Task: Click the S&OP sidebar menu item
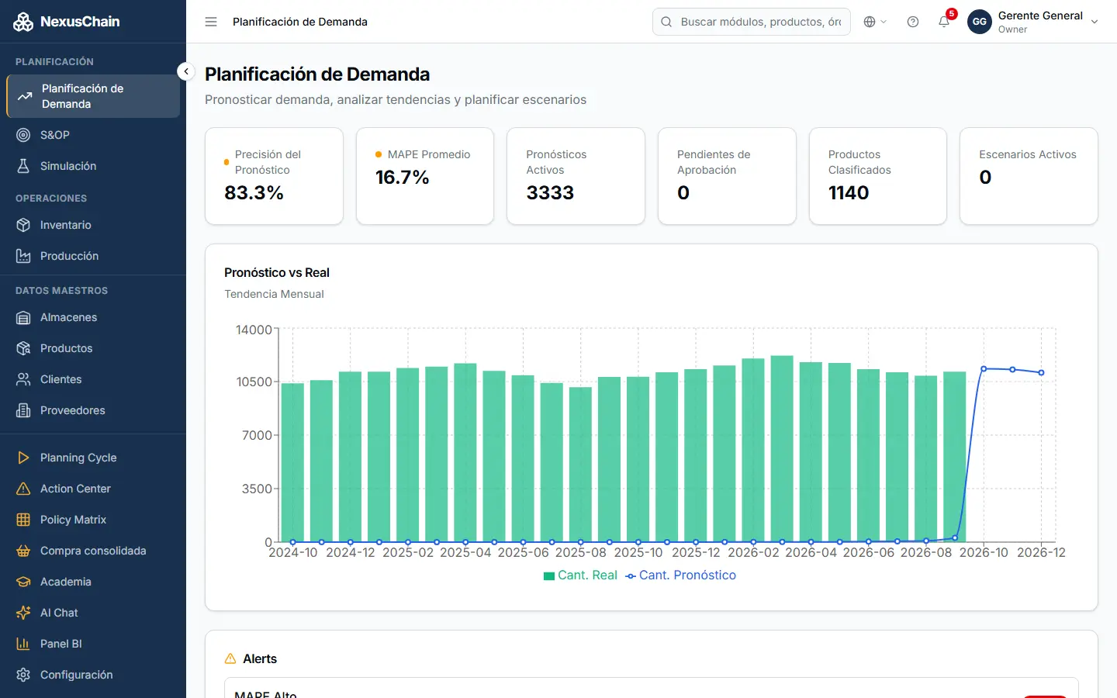(x=55, y=135)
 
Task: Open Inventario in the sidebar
(x=65, y=225)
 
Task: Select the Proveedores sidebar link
(x=72, y=410)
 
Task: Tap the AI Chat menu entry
(x=59, y=613)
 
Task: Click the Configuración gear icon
(x=23, y=675)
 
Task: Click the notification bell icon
(x=943, y=22)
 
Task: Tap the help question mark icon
(x=912, y=22)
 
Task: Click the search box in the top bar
(x=752, y=22)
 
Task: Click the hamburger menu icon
(x=211, y=22)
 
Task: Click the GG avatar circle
(x=980, y=22)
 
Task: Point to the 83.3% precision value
(x=254, y=192)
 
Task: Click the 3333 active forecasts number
(x=550, y=192)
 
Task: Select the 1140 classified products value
(x=849, y=192)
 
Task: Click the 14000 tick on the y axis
(x=254, y=330)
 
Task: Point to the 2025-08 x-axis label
(x=580, y=552)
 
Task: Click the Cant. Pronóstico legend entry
(x=681, y=575)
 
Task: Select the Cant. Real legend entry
(x=580, y=575)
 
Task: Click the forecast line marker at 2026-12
(x=1041, y=372)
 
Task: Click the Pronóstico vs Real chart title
(x=277, y=273)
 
